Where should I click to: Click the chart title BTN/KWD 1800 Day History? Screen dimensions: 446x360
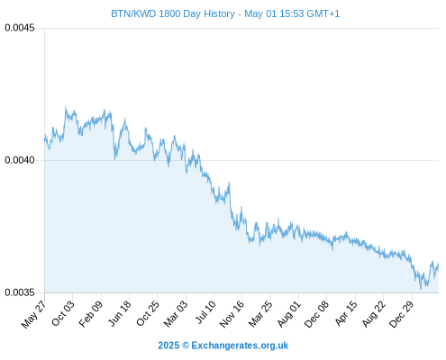coord(173,13)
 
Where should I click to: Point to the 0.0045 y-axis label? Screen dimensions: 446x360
coord(20,28)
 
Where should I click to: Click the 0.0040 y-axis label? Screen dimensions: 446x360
coord(20,160)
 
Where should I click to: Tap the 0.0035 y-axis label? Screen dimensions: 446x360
coord(20,292)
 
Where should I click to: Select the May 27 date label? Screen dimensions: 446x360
coord(33,314)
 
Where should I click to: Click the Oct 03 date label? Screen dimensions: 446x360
coord(63,313)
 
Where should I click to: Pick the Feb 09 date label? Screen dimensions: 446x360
coord(91,314)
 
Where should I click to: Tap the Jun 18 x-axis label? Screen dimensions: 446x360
coord(120,313)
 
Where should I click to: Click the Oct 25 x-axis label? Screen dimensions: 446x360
coord(148,313)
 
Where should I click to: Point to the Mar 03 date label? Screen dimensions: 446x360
coord(176,314)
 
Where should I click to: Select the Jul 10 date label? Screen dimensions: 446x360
coord(205,312)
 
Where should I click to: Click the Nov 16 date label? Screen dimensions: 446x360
coord(232,314)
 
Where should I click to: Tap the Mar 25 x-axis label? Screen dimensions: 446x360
coord(260,314)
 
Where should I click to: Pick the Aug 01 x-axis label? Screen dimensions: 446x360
coord(288,314)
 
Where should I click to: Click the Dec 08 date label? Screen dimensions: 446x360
coord(316,314)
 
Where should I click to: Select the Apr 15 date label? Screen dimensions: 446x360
coord(346,313)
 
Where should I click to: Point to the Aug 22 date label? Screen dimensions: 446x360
coord(374,314)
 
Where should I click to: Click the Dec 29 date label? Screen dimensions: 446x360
coord(402,314)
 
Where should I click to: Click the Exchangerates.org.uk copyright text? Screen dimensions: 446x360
coord(240,346)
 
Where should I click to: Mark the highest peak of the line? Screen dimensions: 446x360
coord(66,107)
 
